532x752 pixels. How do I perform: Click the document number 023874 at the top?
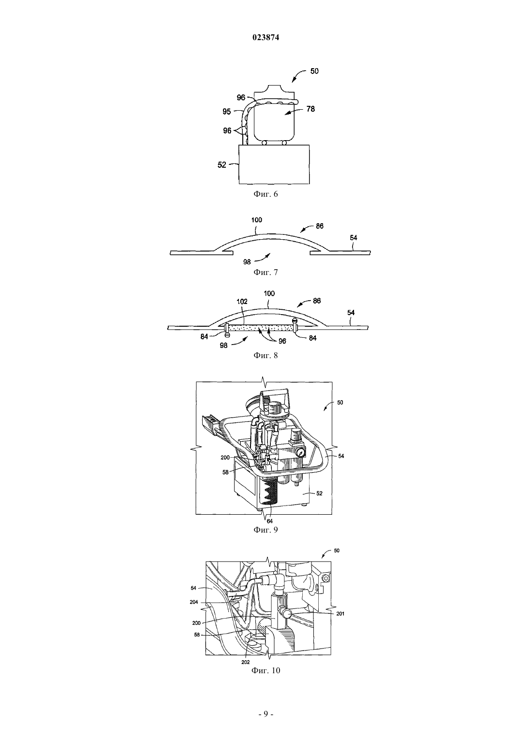coord(266,38)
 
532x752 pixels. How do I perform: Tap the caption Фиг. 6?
coord(266,194)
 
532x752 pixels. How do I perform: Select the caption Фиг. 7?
coord(266,272)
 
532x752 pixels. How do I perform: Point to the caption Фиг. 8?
coord(266,355)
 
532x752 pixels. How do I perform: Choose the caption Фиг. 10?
coord(266,671)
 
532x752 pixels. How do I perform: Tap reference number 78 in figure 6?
coord(310,109)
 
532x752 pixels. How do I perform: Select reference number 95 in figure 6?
coord(227,112)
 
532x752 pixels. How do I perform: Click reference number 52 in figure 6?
coord(222,165)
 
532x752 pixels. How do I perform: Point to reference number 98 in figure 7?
coord(247,262)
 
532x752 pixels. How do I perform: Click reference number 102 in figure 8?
coord(242,302)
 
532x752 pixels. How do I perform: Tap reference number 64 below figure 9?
coord(270,521)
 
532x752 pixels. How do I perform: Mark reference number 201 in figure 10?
coord(340,614)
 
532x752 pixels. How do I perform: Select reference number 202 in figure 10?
coord(246,663)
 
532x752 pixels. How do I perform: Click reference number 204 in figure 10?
coord(194,602)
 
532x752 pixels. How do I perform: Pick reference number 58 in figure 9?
coord(225,472)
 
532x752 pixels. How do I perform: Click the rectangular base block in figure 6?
coord(274,164)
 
